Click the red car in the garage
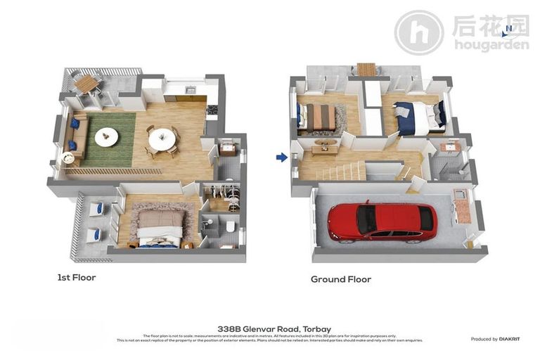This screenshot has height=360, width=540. pyautogui.click(x=381, y=221)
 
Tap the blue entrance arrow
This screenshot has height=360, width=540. pyautogui.click(x=282, y=157)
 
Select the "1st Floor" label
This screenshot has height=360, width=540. pyautogui.click(x=76, y=278)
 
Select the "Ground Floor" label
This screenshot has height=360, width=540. pyautogui.click(x=340, y=279)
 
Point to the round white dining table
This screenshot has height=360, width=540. pyautogui.click(x=162, y=138)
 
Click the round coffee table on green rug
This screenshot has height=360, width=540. pyautogui.click(x=106, y=137)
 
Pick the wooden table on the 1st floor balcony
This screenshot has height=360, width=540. pyautogui.click(x=86, y=84)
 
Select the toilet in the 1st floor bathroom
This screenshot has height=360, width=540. pyautogui.click(x=229, y=226)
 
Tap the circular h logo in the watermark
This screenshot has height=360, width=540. pyautogui.click(x=418, y=33)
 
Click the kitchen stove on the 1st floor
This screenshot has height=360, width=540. pyautogui.click(x=212, y=110)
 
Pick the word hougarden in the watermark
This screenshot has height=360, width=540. pyautogui.click(x=491, y=46)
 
